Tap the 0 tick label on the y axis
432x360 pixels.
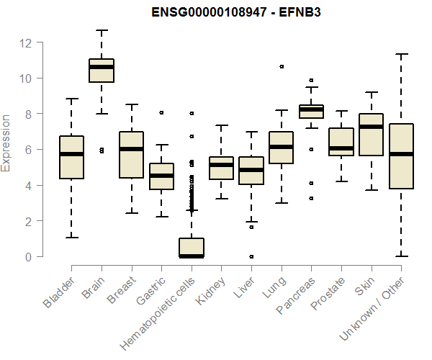point(30,256)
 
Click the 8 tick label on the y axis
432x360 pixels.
point(30,114)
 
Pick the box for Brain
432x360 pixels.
point(102,71)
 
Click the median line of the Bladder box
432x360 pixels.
point(71,154)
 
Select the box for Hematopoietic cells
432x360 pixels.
point(192,247)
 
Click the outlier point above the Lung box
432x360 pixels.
point(282,66)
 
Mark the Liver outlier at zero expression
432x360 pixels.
point(251,256)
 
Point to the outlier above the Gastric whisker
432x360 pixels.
point(161,112)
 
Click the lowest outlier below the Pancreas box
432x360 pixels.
point(311,198)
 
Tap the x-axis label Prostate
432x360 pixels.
point(328,294)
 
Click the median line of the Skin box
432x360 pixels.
point(371,127)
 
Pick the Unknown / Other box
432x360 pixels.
point(401,156)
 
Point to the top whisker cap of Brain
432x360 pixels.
point(102,30)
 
